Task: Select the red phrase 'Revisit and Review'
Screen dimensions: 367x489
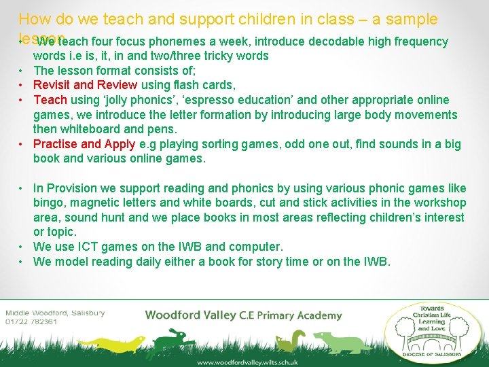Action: click(85, 85)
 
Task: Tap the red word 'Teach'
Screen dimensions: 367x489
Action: click(50, 100)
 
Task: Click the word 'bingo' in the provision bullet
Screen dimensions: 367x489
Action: click(49, 203)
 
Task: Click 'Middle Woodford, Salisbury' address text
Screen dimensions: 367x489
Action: click(55, 313)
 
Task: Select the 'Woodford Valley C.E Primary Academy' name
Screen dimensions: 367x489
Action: click(243, 315)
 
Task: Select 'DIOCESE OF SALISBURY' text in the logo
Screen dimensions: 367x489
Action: click(432, 353)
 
